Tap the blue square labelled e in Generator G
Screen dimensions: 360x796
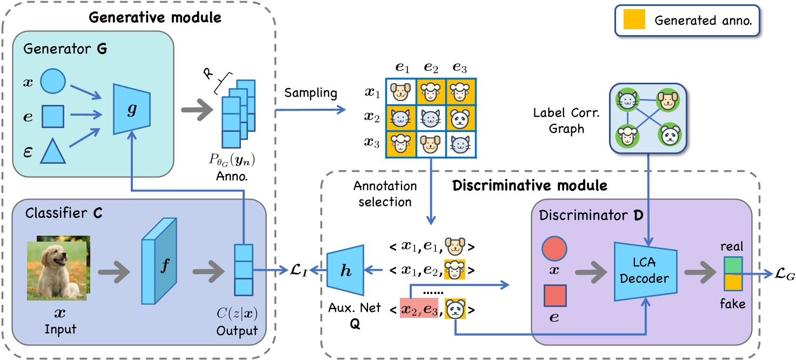click(53, 115)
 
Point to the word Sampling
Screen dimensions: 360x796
click(311, 92)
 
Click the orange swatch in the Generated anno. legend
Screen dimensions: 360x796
click(633, 21)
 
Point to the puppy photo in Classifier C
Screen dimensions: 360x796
click(57, 270)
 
